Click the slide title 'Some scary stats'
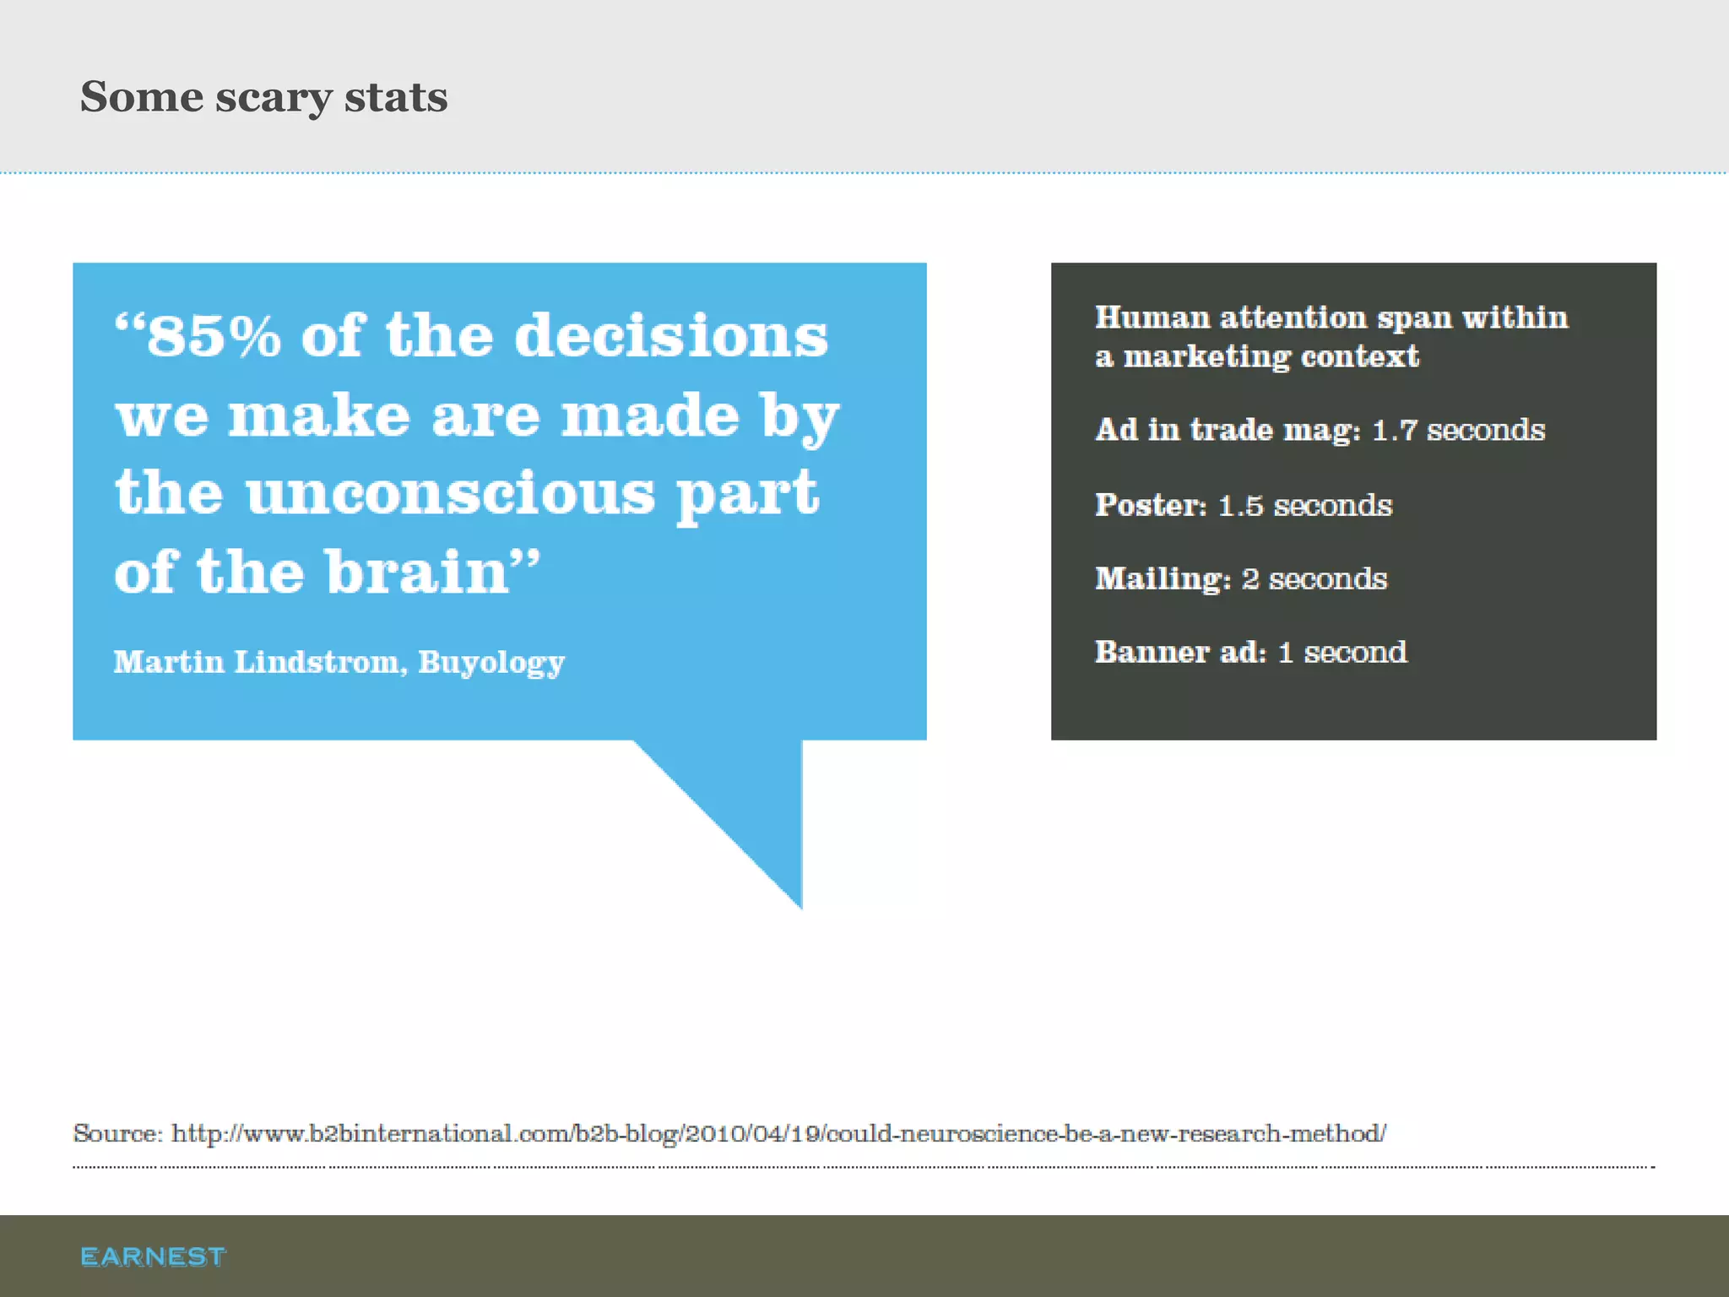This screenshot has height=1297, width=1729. [263, 97]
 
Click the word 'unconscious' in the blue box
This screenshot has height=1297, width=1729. [450, 494]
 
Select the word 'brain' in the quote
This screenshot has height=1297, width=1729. [418, 573]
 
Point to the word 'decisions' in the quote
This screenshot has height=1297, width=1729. [671, 336]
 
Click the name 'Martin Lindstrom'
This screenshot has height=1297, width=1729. [256, 662]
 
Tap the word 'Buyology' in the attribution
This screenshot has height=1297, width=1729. [491, 663]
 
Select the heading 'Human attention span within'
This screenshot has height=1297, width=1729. [1331, 318]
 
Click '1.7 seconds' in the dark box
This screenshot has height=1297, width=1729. [1458, 431]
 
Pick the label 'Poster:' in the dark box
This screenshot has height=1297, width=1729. [1151, 505]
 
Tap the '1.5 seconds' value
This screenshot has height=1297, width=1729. [1304, 506]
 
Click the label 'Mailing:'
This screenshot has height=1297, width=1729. [1163, 579]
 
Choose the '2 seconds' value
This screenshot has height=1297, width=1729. [1314, 579]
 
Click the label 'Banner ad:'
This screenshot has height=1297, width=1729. [1180, 653]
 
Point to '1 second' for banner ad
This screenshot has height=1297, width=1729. [1342, 653]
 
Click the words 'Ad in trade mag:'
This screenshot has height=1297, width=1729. [1228, 431]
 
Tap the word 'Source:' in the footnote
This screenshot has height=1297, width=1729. [117, 1133]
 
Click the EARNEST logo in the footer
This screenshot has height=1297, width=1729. [153, 1256]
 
